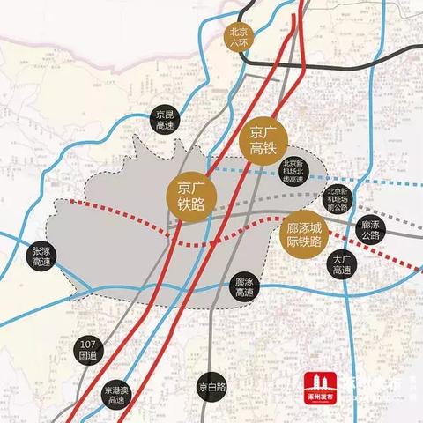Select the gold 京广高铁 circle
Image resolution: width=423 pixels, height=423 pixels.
(264, 135)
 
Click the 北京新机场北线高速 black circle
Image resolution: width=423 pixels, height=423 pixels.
(294, 170)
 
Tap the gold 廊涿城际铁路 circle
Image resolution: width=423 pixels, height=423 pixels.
(306, 234)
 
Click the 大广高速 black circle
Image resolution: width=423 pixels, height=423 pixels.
(342, 266)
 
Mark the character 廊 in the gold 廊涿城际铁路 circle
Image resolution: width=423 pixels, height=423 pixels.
(293, 226)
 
